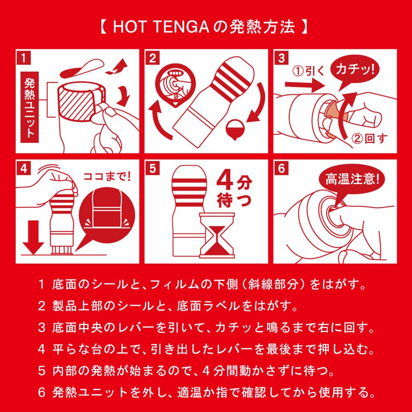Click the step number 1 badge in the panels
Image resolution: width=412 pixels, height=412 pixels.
coord(24,58)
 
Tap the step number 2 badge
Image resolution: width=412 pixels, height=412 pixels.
coord(152,58)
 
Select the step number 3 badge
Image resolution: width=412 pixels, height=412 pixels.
coord(281,58)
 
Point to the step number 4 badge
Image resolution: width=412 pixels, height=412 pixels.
coord(24,168)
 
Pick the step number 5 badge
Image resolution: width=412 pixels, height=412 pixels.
coord(152,168)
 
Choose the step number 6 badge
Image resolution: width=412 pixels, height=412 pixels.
coord(281,168)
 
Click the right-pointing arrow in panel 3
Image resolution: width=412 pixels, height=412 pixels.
coord(305,85)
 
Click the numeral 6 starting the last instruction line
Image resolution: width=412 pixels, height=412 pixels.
coord(42,393)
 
